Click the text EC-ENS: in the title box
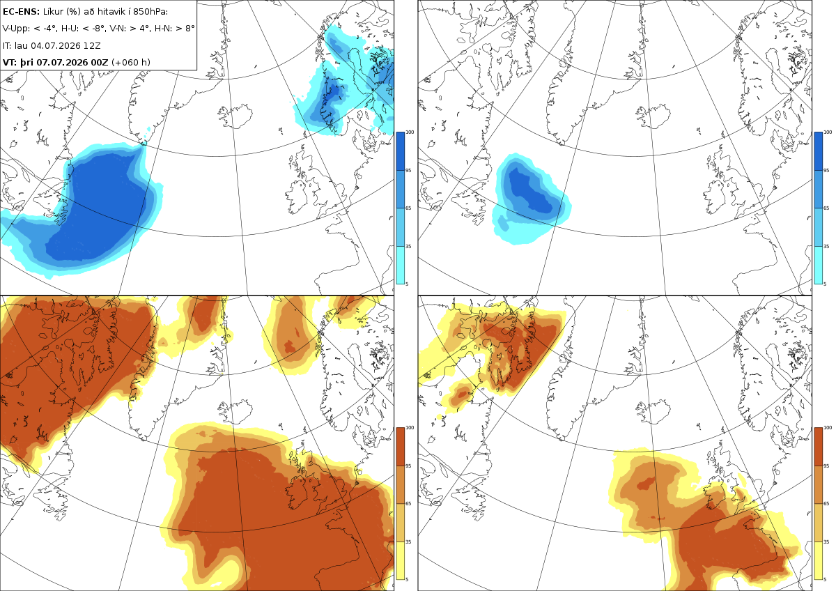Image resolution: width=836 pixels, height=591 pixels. point(21,12)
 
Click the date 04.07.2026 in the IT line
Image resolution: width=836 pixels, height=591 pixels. point(56,45)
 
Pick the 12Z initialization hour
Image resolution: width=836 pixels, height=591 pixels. point(92,45)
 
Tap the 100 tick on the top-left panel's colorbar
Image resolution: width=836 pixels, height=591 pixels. point(410,132)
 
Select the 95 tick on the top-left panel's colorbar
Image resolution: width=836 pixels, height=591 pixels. point(408,171)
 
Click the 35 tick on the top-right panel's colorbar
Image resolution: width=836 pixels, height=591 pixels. point(826,247)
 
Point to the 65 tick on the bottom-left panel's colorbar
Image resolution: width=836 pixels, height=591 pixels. point(408,504)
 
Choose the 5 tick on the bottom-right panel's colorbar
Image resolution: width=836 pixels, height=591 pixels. point(825,579)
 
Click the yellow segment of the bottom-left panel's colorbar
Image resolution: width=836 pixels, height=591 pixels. point(400,560)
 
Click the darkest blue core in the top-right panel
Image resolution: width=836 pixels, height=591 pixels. point(529,191)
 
